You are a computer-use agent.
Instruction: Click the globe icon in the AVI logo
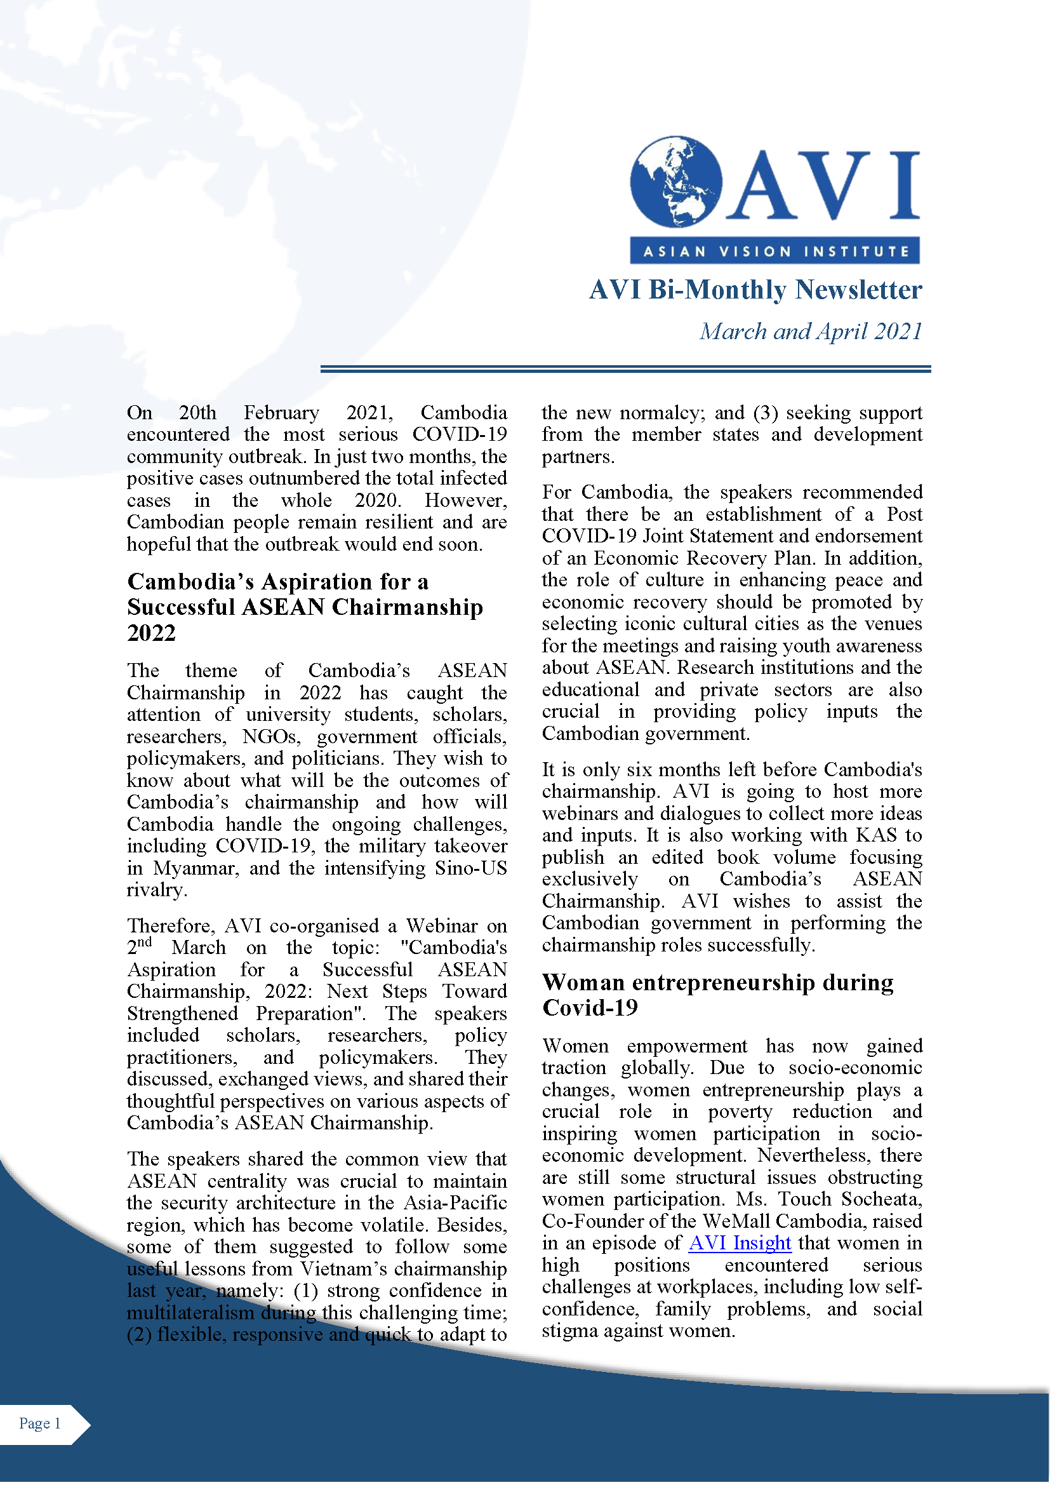pos(675,182)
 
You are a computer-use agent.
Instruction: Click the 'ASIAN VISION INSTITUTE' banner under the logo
pos(774,251)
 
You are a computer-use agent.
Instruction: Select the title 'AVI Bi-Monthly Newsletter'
pos(755,290)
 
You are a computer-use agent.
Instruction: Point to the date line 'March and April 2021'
pos(811,331)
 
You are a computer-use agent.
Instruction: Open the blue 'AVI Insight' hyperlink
pos(740,1243)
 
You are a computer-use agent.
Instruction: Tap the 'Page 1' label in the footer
pos(39,1423)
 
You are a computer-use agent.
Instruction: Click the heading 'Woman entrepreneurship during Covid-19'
pos(718,995)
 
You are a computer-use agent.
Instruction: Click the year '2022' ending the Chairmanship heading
pos(151,633)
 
